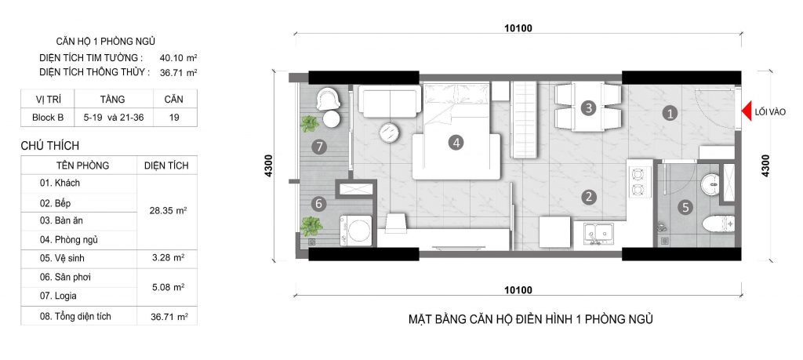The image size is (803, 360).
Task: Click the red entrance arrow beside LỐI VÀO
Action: coord(748,112)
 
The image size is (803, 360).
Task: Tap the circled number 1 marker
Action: coord(669,113)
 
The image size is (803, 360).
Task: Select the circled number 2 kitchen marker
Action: coord(588,198)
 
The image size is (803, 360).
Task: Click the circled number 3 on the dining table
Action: coord(588,108)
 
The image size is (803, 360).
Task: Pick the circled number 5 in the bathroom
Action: coord(685,208)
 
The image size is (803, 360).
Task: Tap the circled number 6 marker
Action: coord(318,203)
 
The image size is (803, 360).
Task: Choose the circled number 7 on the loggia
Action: coord(318,146)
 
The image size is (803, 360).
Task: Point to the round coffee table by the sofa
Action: coord(389,133)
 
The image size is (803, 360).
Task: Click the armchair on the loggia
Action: coord(327,100)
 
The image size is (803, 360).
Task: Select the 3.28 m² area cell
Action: coord(167,258)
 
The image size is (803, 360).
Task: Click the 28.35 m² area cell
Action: coord(167,211)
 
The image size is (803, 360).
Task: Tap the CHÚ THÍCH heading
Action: coord(53,146)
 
